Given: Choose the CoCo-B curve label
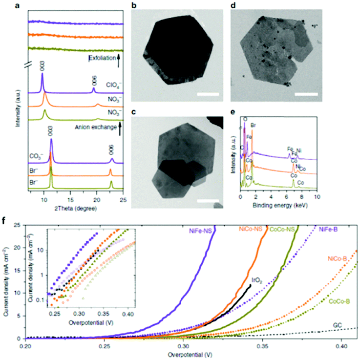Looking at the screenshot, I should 340,301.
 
